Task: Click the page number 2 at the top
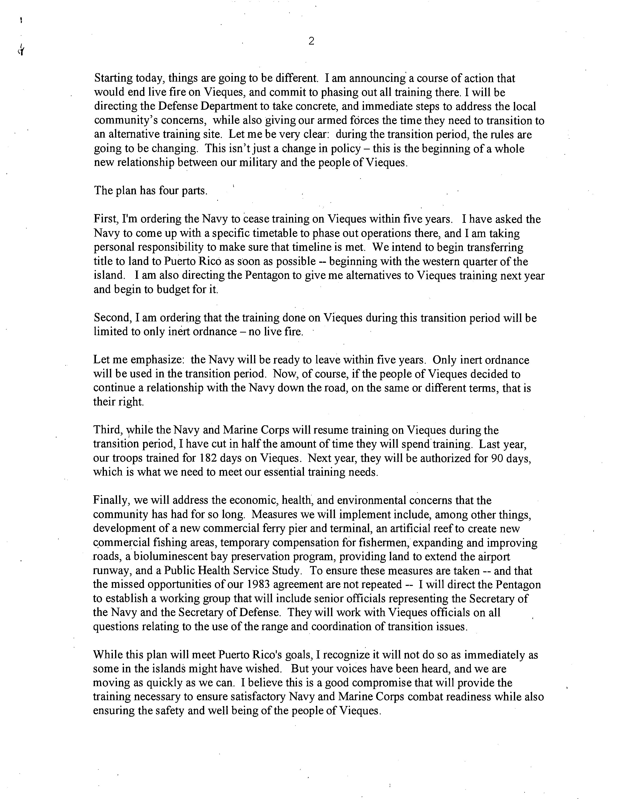[x=311, y=41]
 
